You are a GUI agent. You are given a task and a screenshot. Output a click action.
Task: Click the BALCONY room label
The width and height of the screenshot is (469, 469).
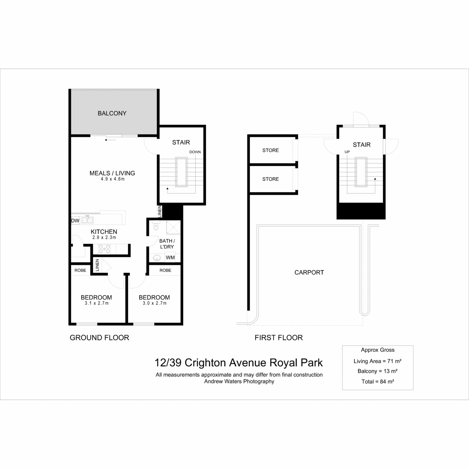[112, 113]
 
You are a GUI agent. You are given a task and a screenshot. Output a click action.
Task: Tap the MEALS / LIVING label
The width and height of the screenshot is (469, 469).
[112, 173]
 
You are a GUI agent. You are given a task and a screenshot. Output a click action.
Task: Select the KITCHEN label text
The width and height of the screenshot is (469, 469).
[104, 232]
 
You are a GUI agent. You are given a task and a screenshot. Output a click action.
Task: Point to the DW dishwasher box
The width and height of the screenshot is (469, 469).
[75, 220]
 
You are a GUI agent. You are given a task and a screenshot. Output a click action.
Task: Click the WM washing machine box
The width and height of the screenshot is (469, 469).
[170, 258]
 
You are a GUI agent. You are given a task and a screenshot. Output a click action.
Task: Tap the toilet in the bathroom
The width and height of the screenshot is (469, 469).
[156, 226]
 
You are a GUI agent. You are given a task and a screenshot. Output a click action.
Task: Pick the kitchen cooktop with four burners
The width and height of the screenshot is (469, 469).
[104, 249]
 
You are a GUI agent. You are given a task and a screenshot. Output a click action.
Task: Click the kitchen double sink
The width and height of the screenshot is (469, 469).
[87, 220]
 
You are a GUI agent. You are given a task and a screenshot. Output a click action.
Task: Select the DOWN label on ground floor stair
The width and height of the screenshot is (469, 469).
[195, 152]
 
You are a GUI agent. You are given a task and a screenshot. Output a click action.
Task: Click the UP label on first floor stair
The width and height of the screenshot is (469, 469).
[347, 152]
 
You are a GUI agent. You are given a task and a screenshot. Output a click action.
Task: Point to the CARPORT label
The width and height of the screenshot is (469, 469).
[309, 272]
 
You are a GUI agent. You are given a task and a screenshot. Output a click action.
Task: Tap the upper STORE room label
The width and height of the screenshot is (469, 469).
[270, 150]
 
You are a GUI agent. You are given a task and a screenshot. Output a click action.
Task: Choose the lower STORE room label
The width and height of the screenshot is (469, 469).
[270, 179]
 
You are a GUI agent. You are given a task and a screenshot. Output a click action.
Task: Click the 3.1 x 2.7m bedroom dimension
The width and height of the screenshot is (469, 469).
[97, 303]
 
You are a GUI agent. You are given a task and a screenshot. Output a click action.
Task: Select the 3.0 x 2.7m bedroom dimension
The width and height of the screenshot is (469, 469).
[154, 303]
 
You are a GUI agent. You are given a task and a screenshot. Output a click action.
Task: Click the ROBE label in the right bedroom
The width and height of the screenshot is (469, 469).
[165, 270]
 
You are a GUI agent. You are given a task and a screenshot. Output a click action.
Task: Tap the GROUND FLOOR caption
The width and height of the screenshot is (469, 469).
[99, 338]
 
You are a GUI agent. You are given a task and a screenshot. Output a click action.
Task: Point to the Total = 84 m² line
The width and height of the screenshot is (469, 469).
[378, 381]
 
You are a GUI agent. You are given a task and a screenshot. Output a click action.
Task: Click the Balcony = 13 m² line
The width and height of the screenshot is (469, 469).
[378, 371]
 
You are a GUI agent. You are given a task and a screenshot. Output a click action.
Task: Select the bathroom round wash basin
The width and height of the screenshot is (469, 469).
[157, 258]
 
